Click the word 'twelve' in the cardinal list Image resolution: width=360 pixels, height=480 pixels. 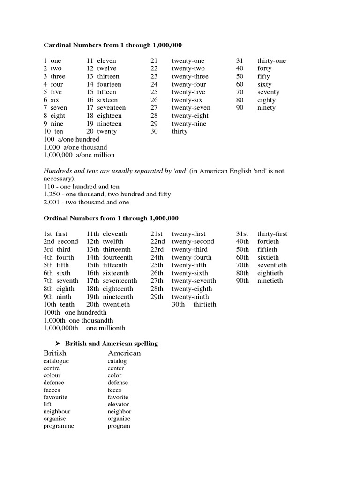coord(106,68)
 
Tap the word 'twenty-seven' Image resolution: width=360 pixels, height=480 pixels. coord(191,108)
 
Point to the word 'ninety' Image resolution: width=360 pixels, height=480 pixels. coord(266,108)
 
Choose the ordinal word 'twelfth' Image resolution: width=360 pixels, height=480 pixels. coord(113,241)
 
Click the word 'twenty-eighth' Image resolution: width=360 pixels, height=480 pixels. coord(192,289)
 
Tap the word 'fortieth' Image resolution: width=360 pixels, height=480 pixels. coord(268,241)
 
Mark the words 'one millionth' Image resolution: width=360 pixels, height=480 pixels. coord(105,328)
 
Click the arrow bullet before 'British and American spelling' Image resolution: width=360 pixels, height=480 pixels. coord(59,344)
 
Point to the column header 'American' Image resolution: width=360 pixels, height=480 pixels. coord(124,353)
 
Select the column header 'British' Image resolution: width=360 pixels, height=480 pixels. coord(55,353)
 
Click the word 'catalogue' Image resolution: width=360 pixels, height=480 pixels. coord(56,361)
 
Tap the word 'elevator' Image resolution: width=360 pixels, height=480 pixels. coord(118,405)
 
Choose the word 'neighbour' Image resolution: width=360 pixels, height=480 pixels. coord(57,412)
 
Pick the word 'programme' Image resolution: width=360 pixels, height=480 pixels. coord(59,426)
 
